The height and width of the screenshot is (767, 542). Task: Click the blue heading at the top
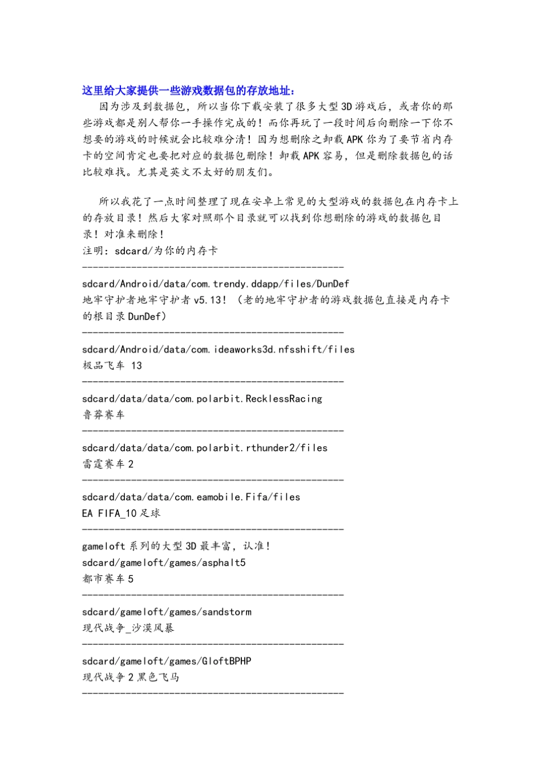point(188,90)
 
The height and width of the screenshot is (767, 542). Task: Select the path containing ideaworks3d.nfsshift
point(218,349)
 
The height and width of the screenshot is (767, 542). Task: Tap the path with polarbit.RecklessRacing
point(202,398)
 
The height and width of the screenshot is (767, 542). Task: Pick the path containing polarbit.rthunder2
point(204,448)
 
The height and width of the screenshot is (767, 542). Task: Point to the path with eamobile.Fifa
point(191,497)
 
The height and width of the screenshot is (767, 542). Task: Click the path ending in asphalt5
point(164,563)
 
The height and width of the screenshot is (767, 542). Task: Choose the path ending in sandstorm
point(167,612)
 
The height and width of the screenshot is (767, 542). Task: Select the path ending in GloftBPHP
point(167,661)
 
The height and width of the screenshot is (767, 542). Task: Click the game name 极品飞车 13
point(112,366)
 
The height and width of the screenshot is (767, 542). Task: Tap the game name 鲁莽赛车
point(103,415)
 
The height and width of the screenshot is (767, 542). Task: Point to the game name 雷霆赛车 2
point(108,464)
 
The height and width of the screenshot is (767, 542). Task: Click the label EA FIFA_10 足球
point(121,513)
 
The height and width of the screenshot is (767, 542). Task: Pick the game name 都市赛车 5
point(108,579)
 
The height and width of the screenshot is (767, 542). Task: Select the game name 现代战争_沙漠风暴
point(128,628)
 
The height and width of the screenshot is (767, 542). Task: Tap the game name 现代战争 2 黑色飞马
point(131,677)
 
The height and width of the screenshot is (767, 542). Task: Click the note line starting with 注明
point(150,251)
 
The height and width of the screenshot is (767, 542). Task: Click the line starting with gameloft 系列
point(176,546)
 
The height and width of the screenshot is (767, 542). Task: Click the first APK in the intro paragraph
point(354,139)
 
